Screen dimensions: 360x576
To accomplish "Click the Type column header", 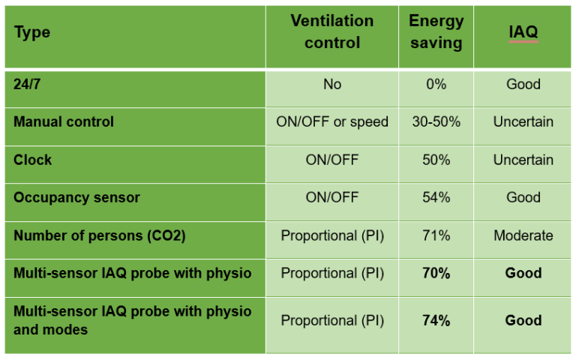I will click(x=31, y=33).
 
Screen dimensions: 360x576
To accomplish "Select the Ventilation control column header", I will click(x=331, y=31).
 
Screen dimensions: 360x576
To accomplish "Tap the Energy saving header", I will click(x=436, y=31).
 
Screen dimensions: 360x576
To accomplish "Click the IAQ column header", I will click(x=523, y=32).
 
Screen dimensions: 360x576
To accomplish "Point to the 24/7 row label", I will click(x=28, y=84).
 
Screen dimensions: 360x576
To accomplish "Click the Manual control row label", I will click(x=64, y=121).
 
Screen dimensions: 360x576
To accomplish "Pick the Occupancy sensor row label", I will click(x=76, y=197).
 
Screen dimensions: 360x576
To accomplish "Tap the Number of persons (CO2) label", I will click(x=99, y=235).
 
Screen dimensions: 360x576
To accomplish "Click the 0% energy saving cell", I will click(x=436, y=84).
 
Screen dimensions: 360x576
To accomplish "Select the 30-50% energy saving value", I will click(x=436, y=121).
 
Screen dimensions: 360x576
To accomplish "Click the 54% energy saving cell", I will click(x=436, y=197).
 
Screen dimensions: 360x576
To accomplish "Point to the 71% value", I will click(x=436, y=235).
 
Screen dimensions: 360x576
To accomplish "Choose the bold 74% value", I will click(x=436, y=320).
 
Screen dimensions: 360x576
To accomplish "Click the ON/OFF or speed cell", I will click(x=332, y=121).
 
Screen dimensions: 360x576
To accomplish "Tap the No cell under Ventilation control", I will click(x=332, y=84).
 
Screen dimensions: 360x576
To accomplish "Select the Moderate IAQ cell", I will click(x=523, y=235).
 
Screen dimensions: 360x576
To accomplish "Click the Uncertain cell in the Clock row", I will click(x=523, y=160).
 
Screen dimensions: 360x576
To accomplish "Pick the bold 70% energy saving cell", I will click(x=436, y=273).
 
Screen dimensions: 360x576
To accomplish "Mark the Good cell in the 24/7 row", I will click(x=523, y=84).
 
